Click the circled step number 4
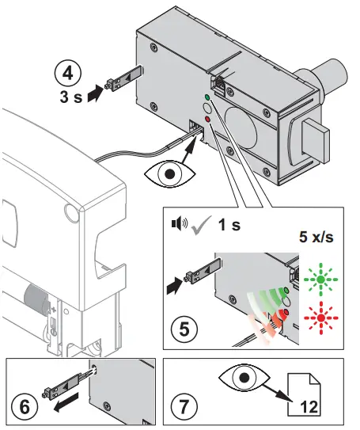67,74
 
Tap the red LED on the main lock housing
207,119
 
